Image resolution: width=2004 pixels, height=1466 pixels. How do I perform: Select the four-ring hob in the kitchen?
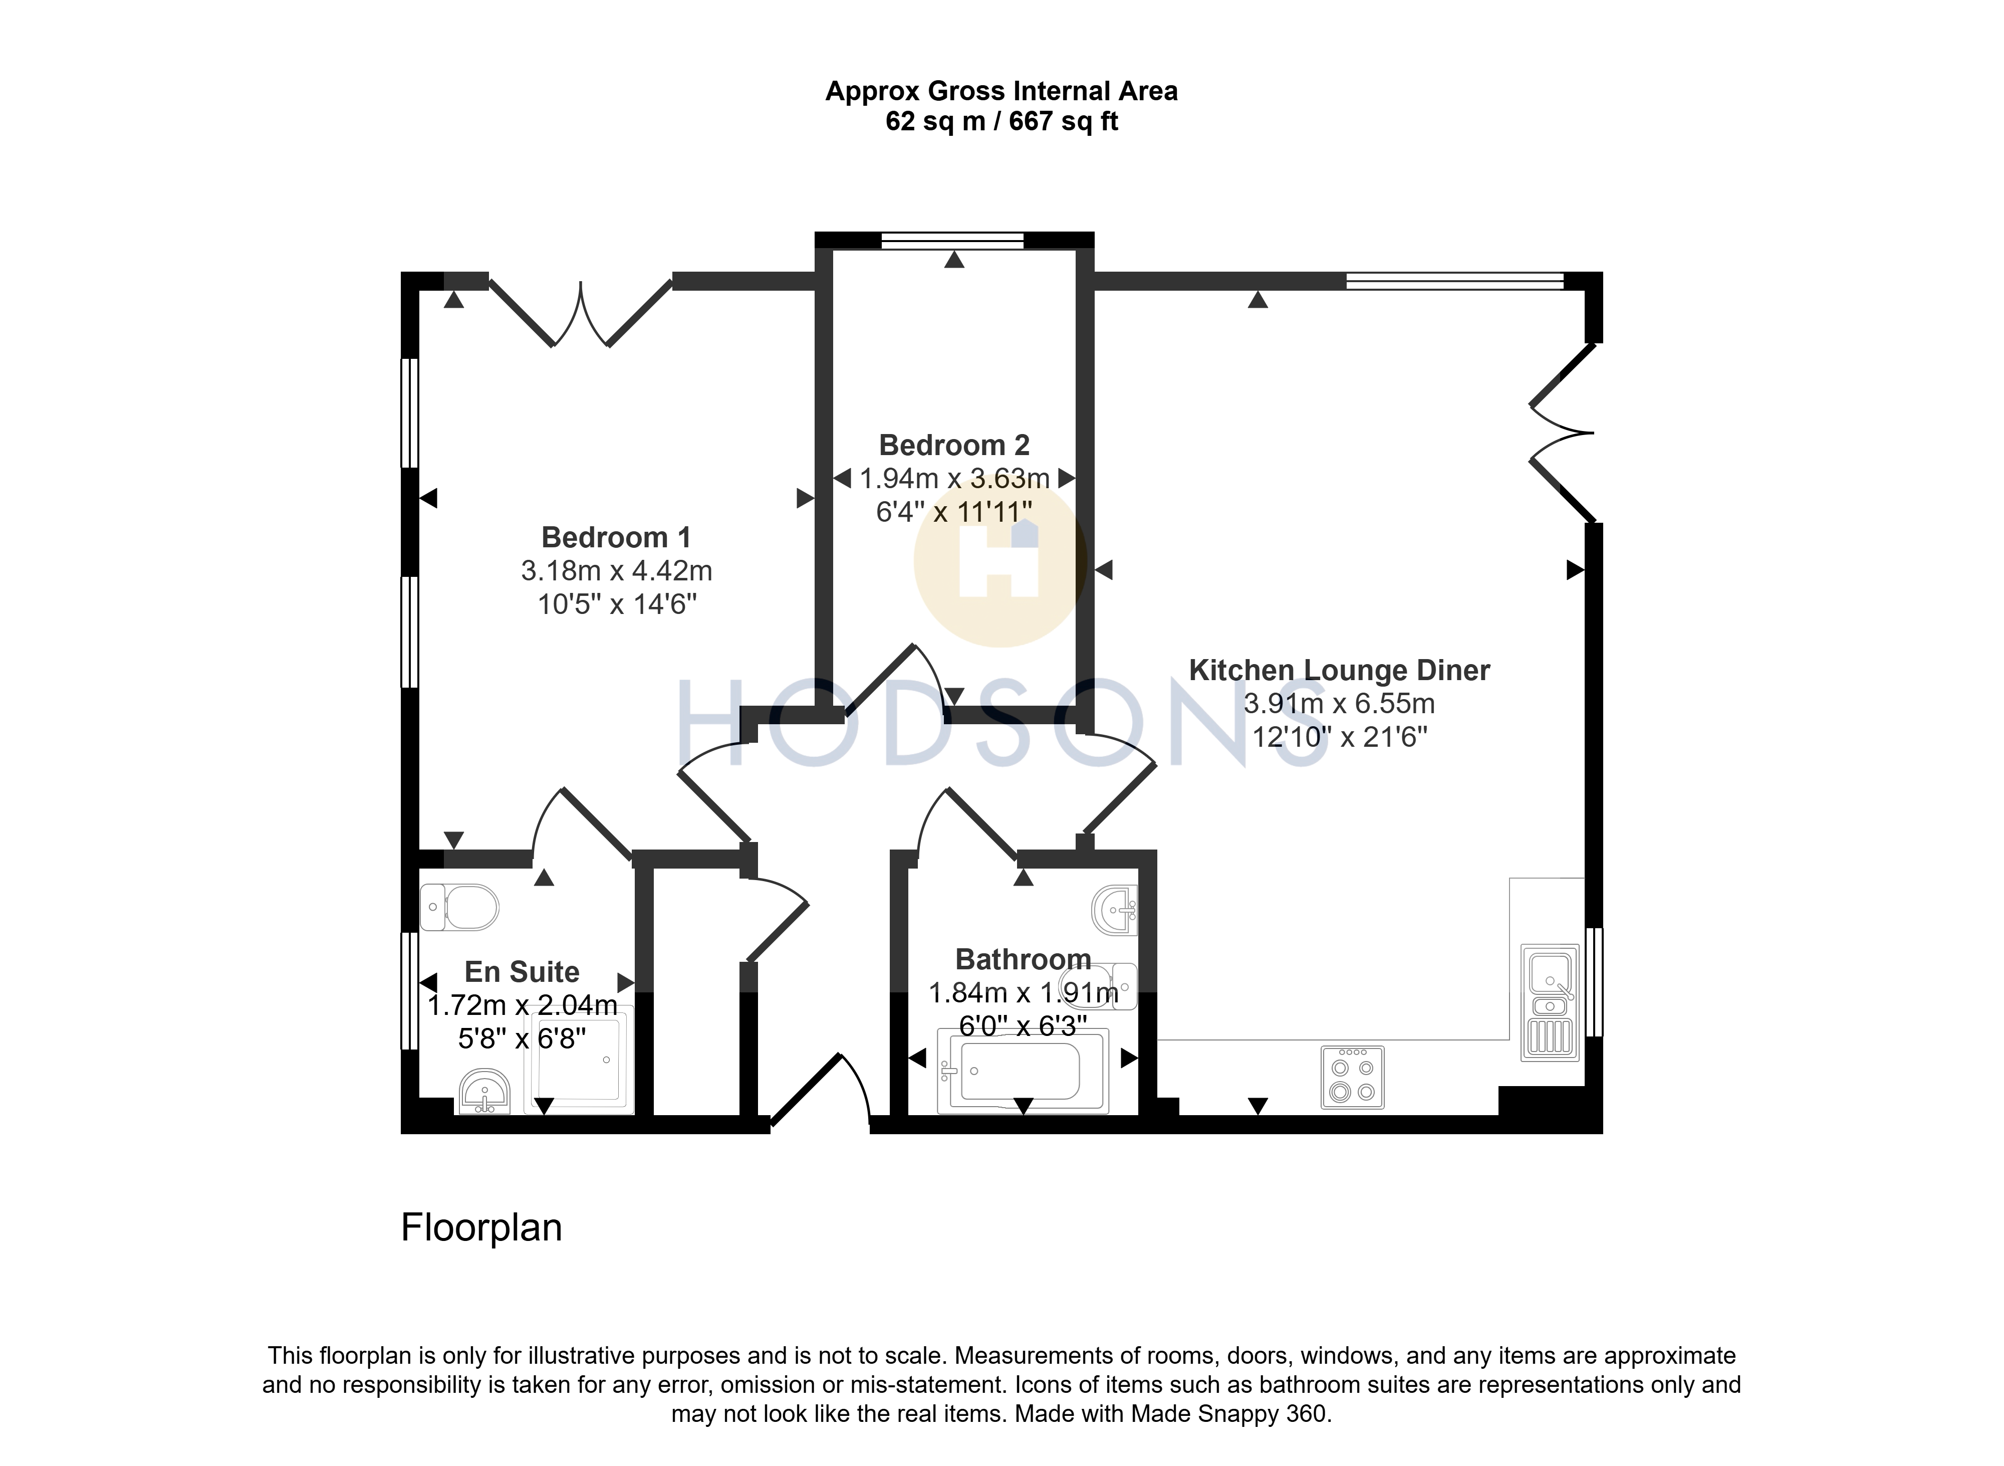(1353, 1077)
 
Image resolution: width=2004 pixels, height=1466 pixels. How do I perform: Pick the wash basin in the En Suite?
(484, 1092)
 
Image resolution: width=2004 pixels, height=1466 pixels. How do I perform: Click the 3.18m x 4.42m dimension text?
(617, 570)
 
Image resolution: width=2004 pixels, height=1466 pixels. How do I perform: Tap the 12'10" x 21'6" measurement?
(1340, 737)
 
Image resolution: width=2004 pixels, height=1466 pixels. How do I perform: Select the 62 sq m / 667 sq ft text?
(1001, 121)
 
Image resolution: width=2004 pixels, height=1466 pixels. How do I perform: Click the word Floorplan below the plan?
(481, 1227)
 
